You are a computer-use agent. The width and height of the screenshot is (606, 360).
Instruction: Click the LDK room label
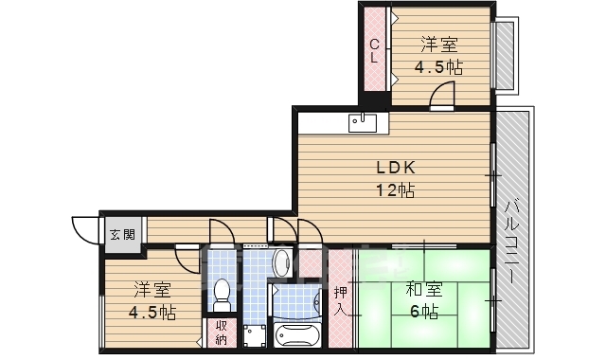[396, 168]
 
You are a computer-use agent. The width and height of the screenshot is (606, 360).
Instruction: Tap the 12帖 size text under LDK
[396, 189]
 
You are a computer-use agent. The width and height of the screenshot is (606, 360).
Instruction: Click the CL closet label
[375, 49]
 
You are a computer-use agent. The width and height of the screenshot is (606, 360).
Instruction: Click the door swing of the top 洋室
[442, 95]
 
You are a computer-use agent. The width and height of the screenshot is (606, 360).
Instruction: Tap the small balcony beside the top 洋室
[505, 54]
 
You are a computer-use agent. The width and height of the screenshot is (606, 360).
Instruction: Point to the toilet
[223, 293]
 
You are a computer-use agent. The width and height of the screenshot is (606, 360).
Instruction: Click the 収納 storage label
[220, 332]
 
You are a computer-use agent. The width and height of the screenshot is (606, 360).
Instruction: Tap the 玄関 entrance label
[120, 235]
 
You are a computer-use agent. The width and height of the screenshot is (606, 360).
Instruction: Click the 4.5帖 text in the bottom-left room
[152, 312]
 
